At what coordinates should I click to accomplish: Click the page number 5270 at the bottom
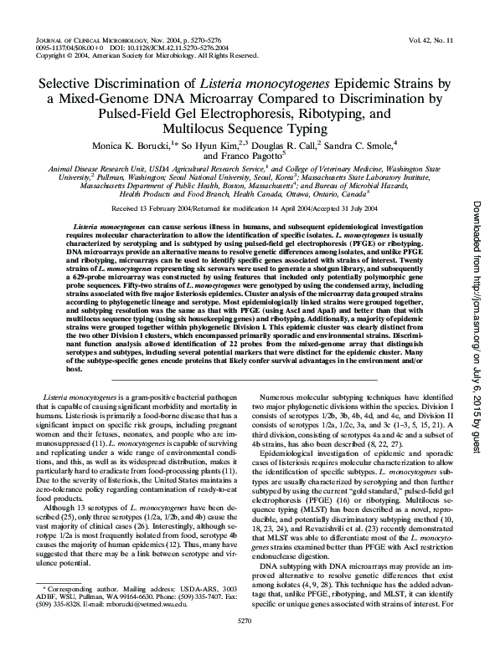pyautogui.click(x=245, y=645)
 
